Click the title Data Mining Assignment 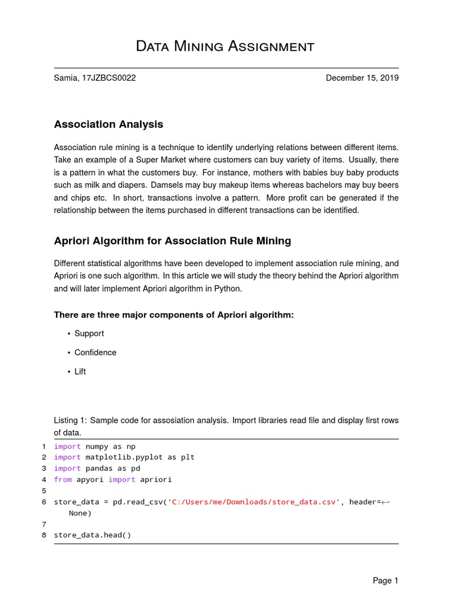[225, 46]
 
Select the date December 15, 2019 [362, 78]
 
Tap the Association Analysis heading [109, 124]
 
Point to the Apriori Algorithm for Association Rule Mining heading [172, 241]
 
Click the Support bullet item [89, 333]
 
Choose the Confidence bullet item [96, 352]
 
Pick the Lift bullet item [80, 372]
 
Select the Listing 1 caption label [70, 420]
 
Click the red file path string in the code [254, 502]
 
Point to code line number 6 [44, 502]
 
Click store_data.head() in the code [93, 535]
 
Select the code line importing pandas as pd [97, 468]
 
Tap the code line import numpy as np [94, 446]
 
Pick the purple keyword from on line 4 [63, 479]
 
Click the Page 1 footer [385, 581]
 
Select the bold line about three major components [173, 315]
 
